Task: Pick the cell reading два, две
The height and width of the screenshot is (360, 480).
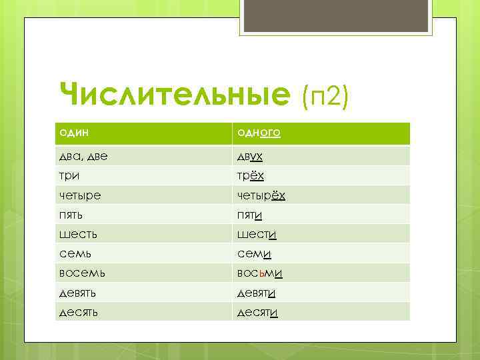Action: [x=83, y=156]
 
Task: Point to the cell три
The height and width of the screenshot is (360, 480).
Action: [x=69, y=175]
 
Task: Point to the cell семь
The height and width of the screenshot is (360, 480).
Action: [x=73, y=253]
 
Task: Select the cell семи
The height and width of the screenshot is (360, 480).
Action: [x=254, y=253]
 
